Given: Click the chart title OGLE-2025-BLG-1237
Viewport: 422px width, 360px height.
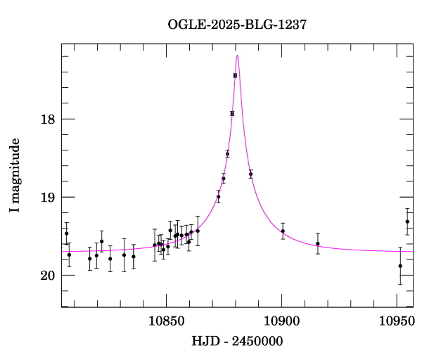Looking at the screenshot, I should [237, 25].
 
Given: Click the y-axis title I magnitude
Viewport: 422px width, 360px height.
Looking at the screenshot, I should [14, 176].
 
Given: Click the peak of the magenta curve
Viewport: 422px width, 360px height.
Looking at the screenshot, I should [238, 56].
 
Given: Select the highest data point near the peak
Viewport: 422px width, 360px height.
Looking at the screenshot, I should [235, 75].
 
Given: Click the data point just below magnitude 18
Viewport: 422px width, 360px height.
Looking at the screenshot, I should [232, 113].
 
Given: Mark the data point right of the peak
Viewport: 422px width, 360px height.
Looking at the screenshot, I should [250, 174].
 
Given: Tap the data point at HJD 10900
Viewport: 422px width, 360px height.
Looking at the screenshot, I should [283, 231].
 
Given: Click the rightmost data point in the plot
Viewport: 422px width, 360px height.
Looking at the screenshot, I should [407, 222].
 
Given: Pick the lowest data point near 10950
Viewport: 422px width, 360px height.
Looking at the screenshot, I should [400, 266].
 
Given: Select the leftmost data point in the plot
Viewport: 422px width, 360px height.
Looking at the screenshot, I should [66, 233].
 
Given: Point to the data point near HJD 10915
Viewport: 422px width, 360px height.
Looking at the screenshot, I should [318, 244].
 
